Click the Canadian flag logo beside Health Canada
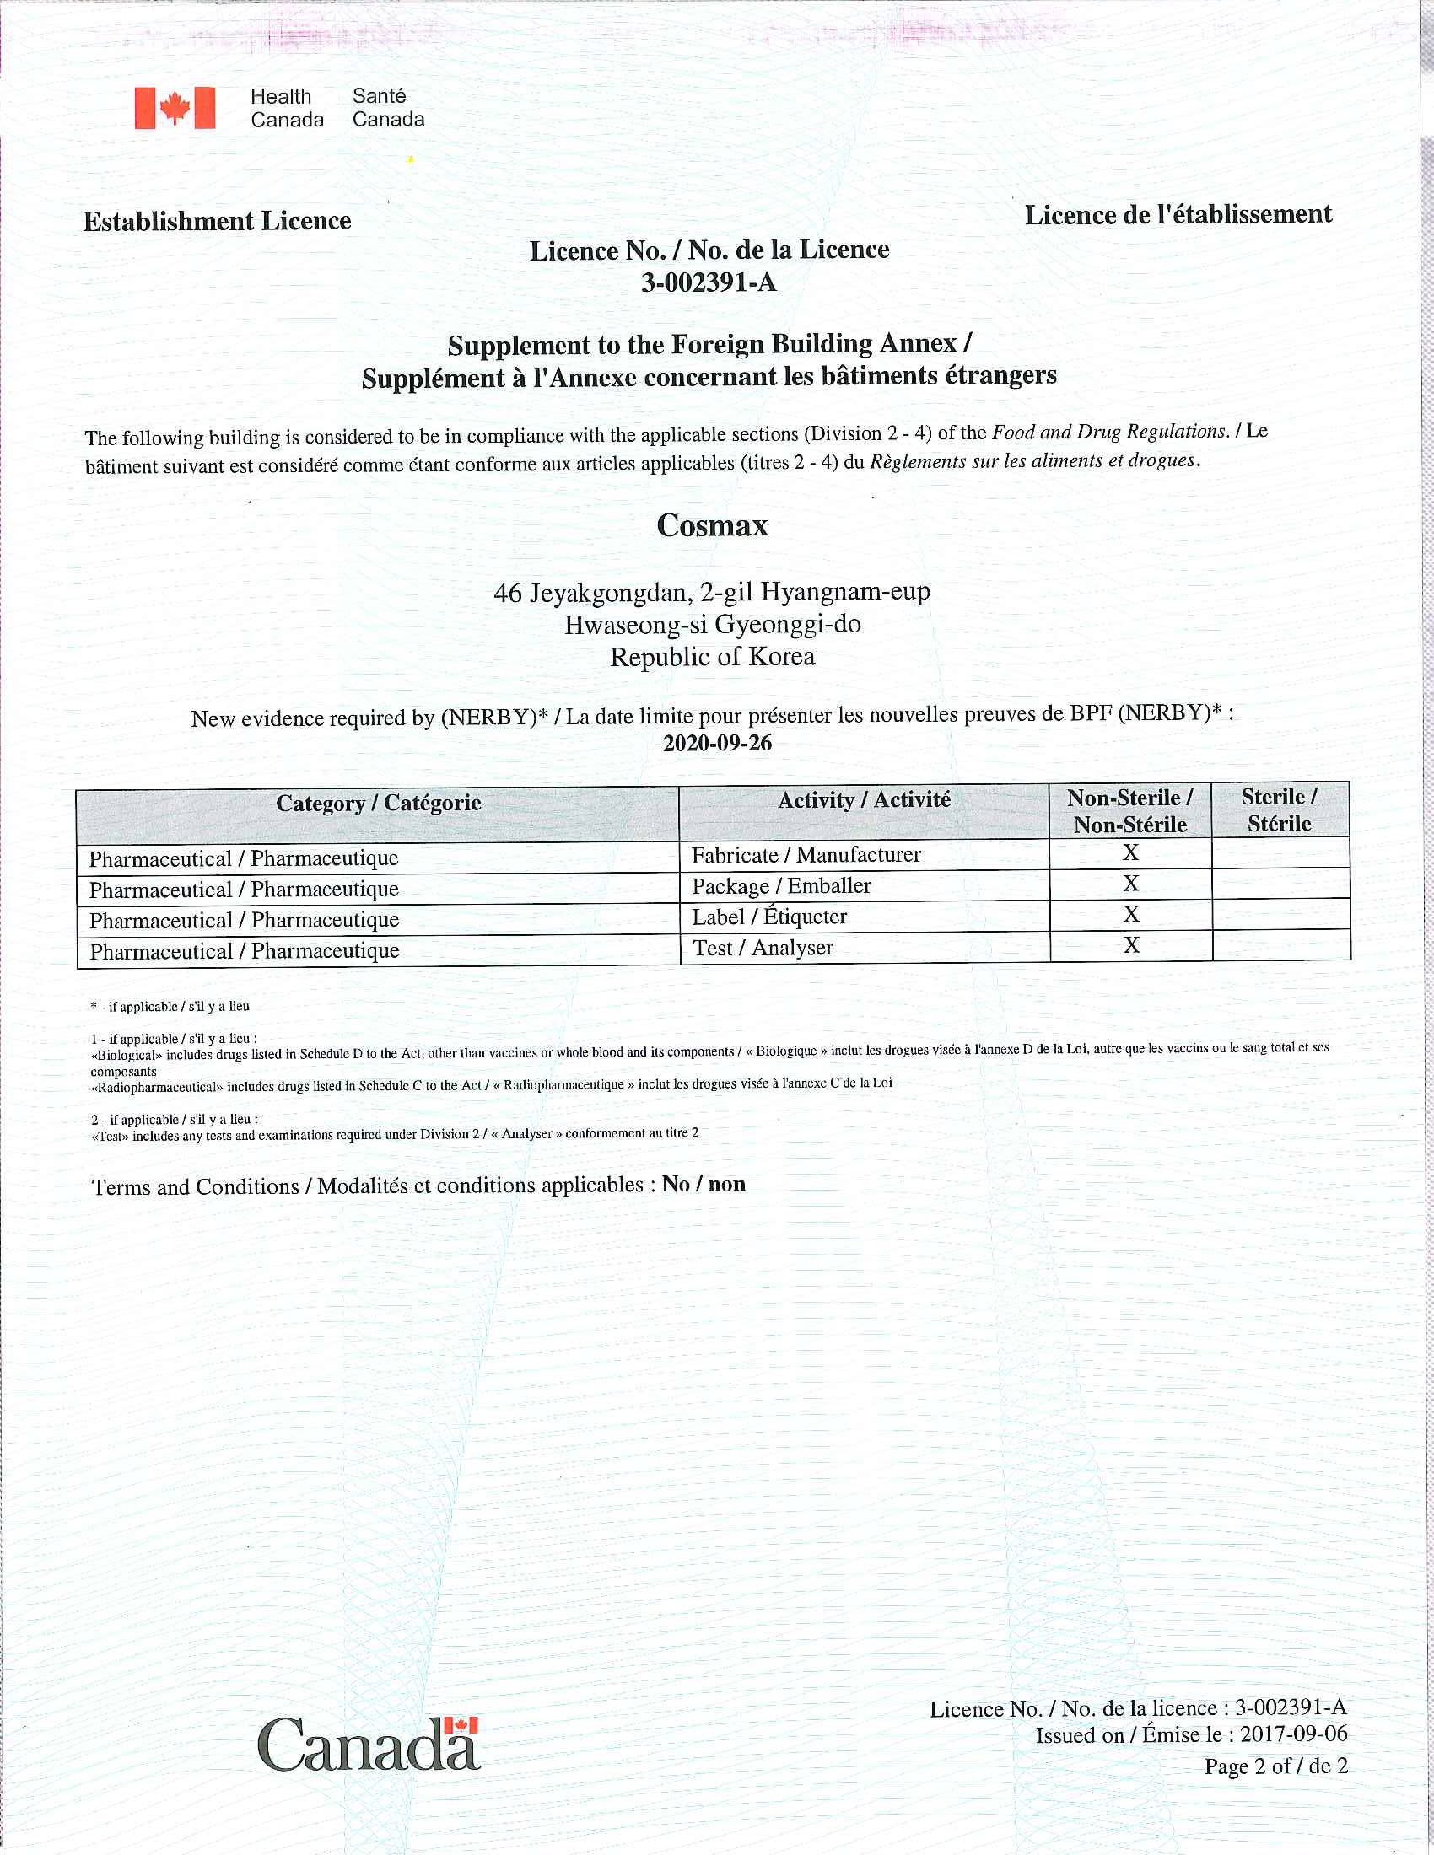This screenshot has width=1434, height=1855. (175, 108)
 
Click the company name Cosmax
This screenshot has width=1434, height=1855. (712, 525)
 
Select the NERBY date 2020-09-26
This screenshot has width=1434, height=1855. (717, 743)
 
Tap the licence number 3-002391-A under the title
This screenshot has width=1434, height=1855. (709, 282)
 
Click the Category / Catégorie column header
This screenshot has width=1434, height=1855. (378, 804)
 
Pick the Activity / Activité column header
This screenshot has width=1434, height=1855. (864, 800)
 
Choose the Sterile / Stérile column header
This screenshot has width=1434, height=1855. (1280, 809)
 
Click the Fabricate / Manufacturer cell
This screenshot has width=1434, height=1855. (806, 855)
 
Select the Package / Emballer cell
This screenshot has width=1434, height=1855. (781, 887)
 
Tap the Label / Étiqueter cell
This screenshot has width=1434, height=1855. (768, 917)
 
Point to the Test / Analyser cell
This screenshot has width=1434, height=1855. (762, 948)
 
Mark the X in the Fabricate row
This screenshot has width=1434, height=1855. (1129, 852)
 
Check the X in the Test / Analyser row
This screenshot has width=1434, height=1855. (1130, 945)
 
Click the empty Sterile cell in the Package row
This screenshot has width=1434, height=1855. (1280, 884)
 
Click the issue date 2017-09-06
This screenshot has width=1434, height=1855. (1293, 1734)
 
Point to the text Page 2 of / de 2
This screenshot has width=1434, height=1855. (1275, 1766)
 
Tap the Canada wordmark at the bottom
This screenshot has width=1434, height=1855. (369, 1745)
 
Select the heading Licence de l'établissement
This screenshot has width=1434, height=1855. (1178, 215)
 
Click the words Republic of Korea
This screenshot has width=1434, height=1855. (712, 657)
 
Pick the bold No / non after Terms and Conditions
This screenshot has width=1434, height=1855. (704, 1184)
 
